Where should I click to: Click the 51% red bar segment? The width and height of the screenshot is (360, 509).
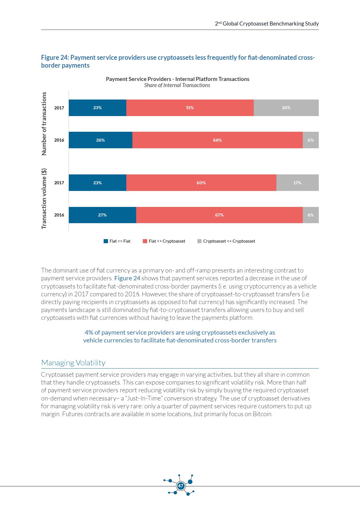pos(190,108)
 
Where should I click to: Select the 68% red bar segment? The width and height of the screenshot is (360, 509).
pos(217,140)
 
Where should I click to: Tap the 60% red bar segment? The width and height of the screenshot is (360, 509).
pos(201,183)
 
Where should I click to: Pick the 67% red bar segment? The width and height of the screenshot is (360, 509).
pos(219,215)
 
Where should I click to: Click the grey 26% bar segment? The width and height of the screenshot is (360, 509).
pos(286,108)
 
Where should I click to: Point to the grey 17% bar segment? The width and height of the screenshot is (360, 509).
pos(297,183)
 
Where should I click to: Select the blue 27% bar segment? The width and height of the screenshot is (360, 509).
pos(102,215)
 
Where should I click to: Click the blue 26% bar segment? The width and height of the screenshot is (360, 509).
pos(100,140)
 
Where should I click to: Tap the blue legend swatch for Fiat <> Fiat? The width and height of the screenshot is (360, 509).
pos(106,241)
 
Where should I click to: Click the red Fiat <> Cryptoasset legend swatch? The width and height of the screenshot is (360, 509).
pos(145,241)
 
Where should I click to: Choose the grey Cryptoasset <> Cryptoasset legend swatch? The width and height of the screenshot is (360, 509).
pos(199,241)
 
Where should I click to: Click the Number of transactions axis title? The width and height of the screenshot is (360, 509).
pos(44,124)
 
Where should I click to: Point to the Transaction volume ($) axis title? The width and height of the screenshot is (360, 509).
pos(44,198)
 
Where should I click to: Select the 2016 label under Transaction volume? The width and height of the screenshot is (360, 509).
pos(59,215)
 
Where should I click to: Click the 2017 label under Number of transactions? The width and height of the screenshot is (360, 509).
pos(59,108)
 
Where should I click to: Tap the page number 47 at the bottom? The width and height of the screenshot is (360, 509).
pos(181,486)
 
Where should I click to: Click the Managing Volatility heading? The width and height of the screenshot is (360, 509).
pos(73,363)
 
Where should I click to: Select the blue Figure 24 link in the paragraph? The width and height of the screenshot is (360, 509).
pos(127,278)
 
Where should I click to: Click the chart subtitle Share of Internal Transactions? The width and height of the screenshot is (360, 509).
pos(177,85)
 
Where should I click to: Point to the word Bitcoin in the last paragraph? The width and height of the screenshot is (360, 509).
pos(262,414)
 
